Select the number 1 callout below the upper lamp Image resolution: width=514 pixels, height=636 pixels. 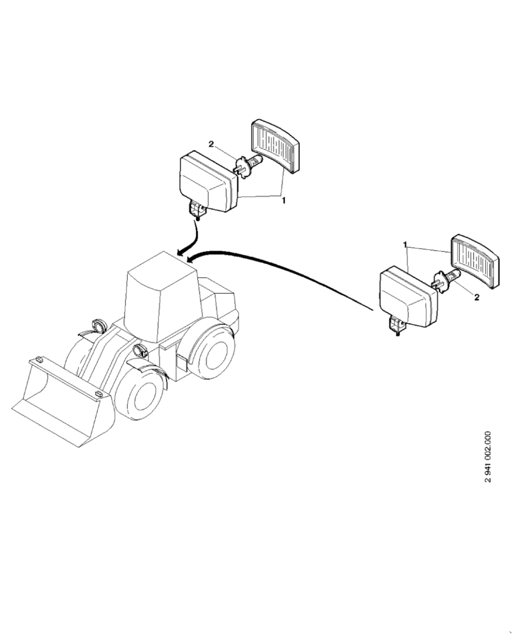pos(284,200)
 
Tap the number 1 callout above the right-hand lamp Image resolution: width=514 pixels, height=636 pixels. pos(405,244)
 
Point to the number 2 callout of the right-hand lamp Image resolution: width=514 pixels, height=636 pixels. pos(476,297)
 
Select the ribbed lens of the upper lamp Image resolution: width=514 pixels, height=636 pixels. pos(276,146)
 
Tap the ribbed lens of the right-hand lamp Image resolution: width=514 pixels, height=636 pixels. pos(474,261)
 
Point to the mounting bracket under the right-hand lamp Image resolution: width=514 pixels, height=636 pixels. pos(398,326)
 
